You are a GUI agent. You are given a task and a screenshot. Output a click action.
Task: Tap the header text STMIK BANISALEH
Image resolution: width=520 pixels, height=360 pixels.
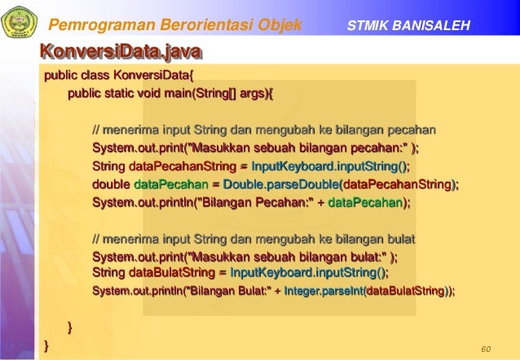tap(408, 26)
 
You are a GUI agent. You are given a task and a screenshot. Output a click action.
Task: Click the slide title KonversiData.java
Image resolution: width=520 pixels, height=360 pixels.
tap(121, 55)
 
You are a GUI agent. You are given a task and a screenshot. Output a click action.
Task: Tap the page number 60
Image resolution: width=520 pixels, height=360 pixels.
tap(487, 349)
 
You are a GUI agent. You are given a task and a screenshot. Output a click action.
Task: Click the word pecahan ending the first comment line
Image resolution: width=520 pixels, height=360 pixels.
tap(412, 130)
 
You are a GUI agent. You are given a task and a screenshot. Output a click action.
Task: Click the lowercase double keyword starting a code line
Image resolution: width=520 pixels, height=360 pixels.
tap(111, 184)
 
